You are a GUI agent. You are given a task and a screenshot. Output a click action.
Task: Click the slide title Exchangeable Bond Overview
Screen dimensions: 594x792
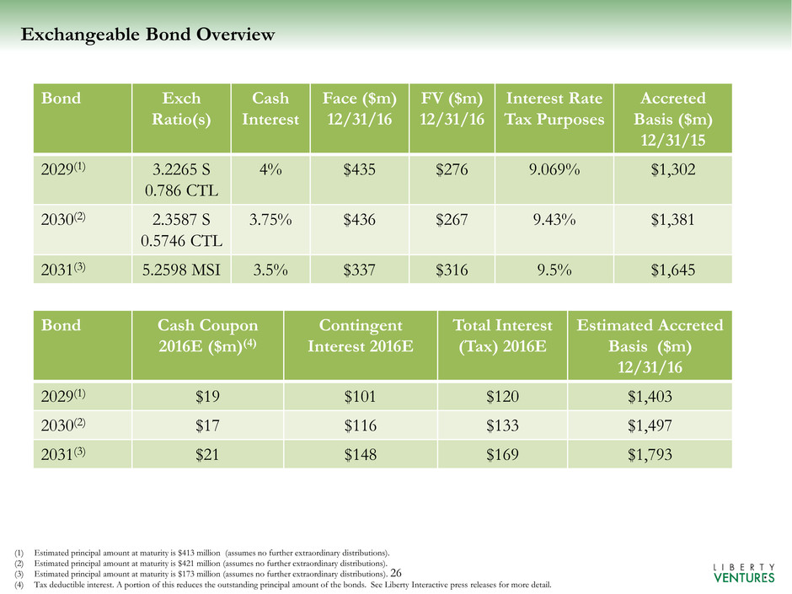pos(147,35)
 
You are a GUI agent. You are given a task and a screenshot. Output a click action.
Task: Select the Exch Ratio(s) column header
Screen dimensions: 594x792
pos(175,108)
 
